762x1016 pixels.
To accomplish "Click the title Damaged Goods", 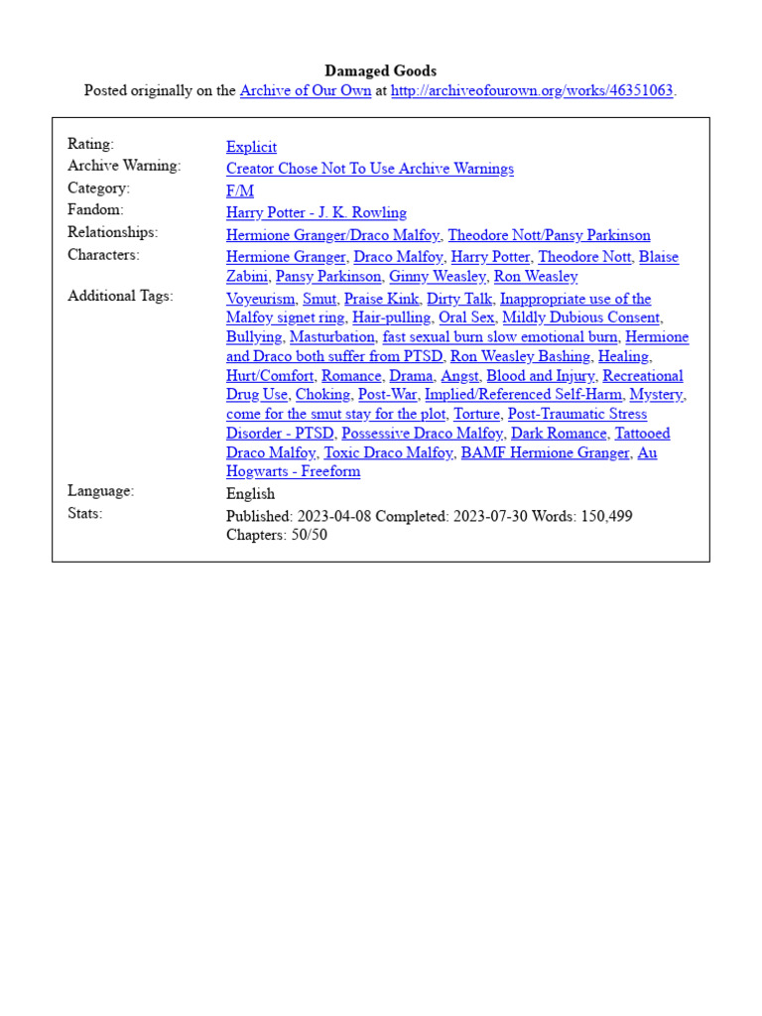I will point(381,70).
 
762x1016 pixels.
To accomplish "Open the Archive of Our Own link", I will point(306,91).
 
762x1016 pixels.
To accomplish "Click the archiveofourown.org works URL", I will point(533,91).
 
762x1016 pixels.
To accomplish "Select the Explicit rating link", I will point(251,147).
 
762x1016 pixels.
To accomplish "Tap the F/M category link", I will point(239,190).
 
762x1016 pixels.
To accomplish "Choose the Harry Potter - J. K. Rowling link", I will point(316,212).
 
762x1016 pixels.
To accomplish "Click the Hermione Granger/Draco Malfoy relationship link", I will point(333,235).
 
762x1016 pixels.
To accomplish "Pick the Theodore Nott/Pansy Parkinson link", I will point(549,235).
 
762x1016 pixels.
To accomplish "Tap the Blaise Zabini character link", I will point(658,257).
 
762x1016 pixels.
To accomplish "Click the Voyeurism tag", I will point(260,299).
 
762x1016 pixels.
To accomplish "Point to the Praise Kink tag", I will point(381,299).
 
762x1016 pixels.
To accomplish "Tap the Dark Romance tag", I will point(559,434).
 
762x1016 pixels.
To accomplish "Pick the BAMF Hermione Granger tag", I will point(545,453).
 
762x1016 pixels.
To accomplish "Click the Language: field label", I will point(100,491).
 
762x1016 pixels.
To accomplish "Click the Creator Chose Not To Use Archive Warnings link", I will point(369,169).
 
